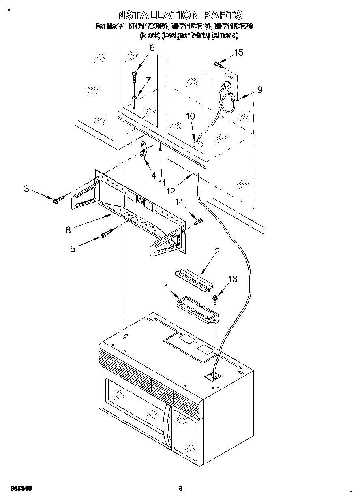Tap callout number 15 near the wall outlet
pos(239,52)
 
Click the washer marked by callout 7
pos(134,98)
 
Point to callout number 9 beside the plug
pos(259,90)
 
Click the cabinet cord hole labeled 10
pos(197,142)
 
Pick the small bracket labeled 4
pos(144,149)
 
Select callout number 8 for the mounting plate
pos(68,230)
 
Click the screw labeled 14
pos(199,221)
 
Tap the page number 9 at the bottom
pos(180,489)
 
